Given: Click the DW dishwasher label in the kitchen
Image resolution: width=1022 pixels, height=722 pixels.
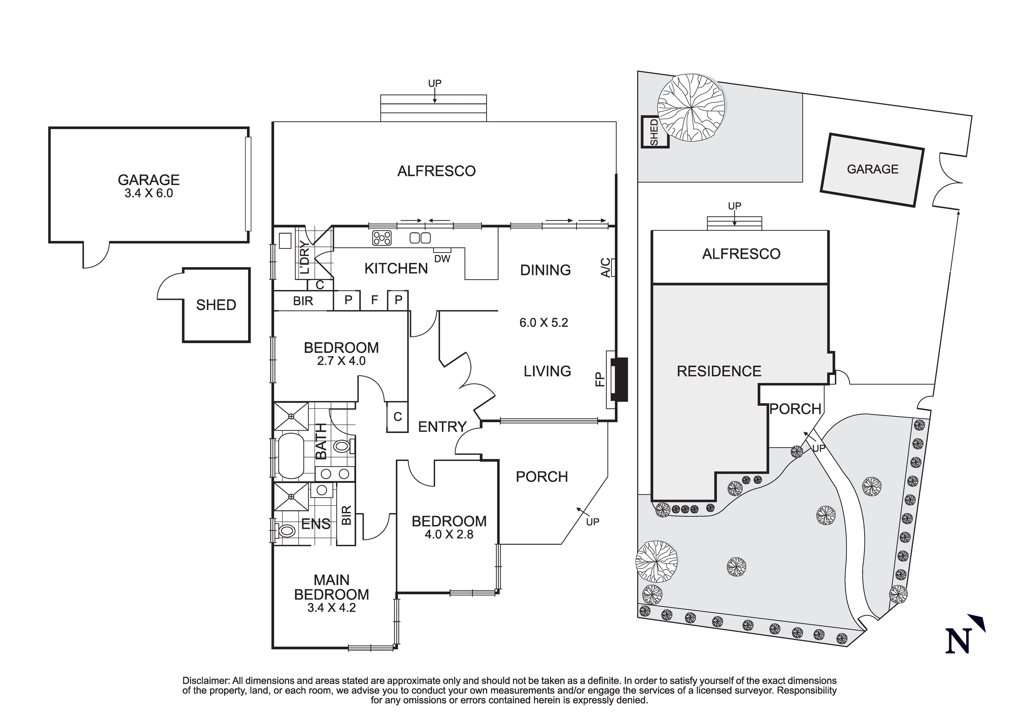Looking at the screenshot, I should [442, 259].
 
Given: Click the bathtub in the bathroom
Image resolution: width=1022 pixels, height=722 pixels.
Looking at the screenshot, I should [290, 456].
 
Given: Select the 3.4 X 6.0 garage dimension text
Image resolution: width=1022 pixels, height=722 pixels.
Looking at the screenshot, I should [149, 193].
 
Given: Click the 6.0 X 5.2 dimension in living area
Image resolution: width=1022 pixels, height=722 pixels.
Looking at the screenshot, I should [543, 323].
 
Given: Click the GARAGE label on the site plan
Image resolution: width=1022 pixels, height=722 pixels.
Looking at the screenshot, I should [873, 169].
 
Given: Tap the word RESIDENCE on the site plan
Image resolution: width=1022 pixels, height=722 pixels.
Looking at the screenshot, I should [719, 371].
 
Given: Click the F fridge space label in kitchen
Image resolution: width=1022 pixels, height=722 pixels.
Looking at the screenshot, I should [374, 300].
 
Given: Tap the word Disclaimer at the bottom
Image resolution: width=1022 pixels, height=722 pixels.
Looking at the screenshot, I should [206, 681].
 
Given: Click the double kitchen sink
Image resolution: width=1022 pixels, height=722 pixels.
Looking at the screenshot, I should [420, 238].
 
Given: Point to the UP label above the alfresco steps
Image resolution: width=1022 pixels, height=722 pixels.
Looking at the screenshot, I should [435, 83].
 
